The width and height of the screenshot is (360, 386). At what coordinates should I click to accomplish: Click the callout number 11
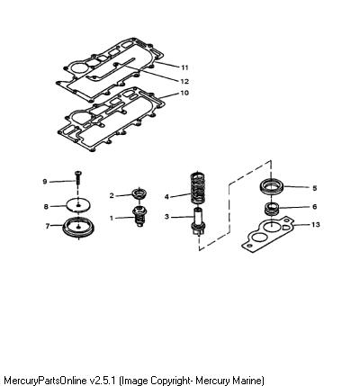coord(184,67)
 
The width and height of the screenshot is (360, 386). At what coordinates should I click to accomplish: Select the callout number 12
coord(184,81)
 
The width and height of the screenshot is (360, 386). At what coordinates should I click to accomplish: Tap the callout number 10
coord(184,93)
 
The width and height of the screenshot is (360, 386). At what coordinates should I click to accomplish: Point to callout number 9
coord(45,182)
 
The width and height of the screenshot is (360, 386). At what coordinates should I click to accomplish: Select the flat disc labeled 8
coord(78,205)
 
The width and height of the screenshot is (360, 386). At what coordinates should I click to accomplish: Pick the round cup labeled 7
coord(78,227)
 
